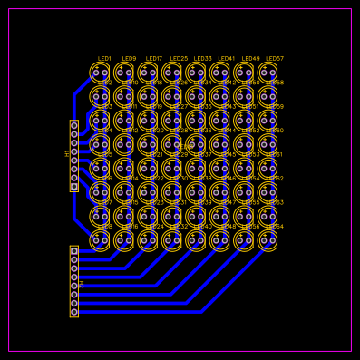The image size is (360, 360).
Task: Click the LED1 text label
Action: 104,59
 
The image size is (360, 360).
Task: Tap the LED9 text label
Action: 129,59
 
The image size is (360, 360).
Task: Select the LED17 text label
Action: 154,59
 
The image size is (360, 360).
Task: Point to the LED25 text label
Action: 179,59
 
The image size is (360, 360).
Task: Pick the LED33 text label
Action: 202,59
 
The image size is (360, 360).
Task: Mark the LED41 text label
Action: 227,59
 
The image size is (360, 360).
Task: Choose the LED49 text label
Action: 250,59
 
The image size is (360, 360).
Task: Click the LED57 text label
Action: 275,59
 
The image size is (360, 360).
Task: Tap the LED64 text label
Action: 275,227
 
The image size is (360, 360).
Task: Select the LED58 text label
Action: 275,83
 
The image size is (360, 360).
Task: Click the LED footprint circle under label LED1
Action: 100,73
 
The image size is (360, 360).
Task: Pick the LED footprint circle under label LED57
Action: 268,73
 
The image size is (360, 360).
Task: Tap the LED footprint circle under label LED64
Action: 268,240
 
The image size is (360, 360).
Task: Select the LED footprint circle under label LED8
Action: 100,240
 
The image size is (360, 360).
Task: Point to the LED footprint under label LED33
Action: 196,73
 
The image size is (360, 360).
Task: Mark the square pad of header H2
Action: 74,251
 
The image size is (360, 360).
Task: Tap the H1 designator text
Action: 67,154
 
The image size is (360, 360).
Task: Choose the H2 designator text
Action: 82,284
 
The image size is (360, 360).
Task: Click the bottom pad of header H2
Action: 74,312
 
